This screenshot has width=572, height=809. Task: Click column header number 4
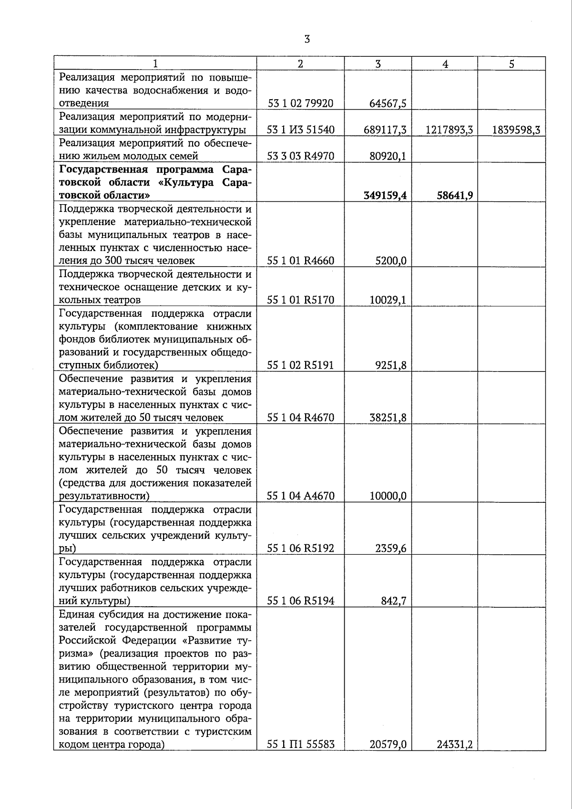(x=445, y=64)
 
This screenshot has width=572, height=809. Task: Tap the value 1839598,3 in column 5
(x=516, y=130)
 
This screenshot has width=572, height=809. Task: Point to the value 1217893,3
(x=449, y=130)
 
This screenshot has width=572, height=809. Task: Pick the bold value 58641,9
(x=455, y=196)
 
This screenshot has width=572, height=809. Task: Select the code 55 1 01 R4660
(x=300, y=261)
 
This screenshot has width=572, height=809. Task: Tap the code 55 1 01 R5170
(x=300, y=300)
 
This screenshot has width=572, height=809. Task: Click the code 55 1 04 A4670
(x=300, y=496)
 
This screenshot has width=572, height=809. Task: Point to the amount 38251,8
(x=388, y=418)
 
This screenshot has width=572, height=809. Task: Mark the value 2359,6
(x=391, y=549)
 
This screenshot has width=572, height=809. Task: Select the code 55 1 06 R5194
(x=300, y=601)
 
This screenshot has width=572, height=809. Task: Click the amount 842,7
(x=393, y=601)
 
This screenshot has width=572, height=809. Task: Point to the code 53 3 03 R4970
(x=300, y=156)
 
